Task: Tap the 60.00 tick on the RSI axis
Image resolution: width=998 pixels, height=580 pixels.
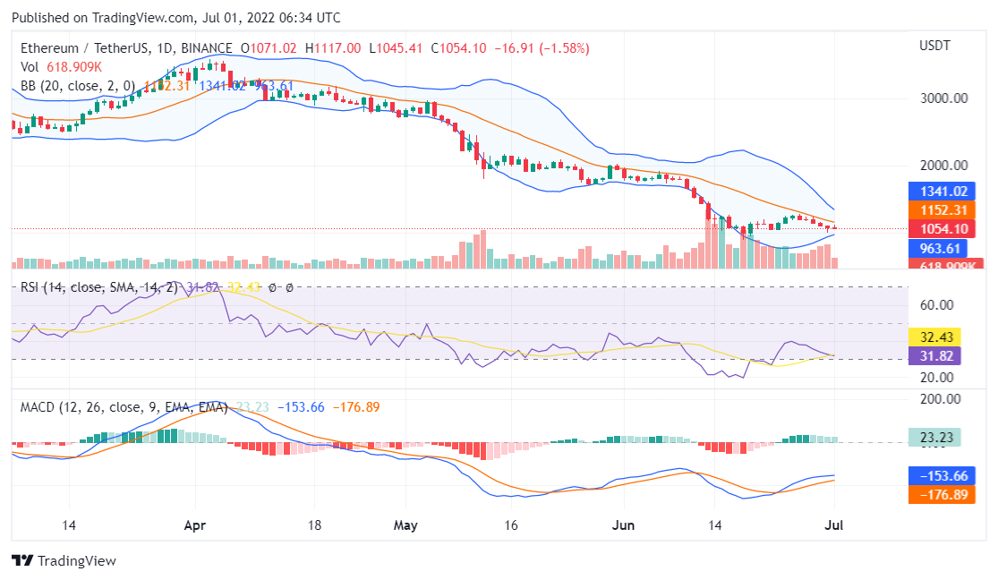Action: click(x=936, y=305)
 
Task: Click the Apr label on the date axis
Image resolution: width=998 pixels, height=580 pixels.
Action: click(x=195, y=525)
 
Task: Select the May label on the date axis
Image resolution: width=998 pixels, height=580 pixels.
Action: click(x=406, y=525)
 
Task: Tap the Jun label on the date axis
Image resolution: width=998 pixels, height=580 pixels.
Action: click(x=623, y=525)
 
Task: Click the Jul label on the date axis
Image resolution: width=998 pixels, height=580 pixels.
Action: click(x=832, y=525)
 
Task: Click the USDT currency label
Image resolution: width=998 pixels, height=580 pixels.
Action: click(x=935, y=45)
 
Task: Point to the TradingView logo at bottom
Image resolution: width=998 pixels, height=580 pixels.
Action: click(x=64, y=560)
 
